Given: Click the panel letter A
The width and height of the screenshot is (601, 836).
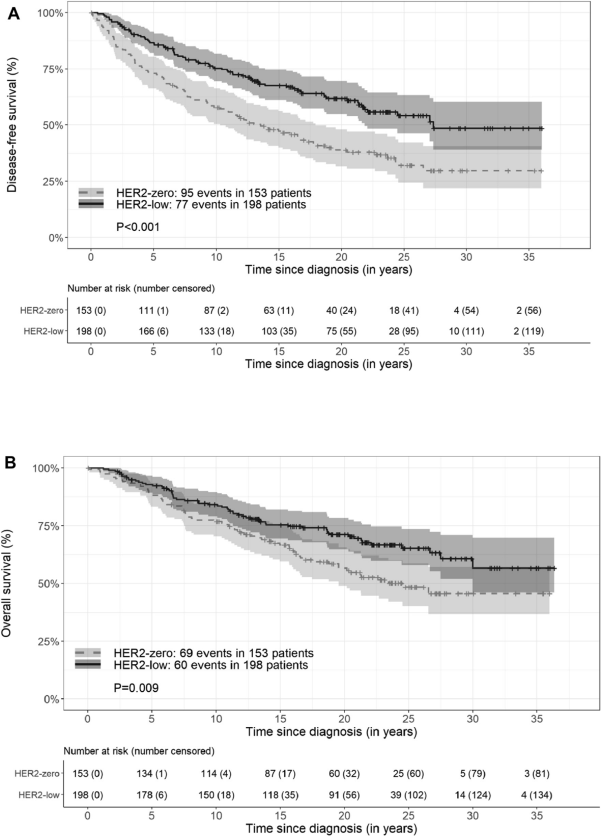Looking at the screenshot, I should pyautogui.click(x=13, y=14).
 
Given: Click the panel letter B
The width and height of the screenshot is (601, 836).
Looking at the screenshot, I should pyautogui.click(x=11, y=463).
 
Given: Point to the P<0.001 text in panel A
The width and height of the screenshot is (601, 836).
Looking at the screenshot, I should pyautogui.click(x=138, y=227).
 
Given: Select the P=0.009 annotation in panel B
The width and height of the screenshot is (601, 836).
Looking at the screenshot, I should pyautogui.click(x=136, y=688).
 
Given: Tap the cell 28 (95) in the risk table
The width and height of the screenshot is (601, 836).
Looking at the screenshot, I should pyautogui.click(x=404, y=331).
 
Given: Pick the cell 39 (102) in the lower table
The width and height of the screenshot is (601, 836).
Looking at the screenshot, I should pyautogui.click(x=408, y=795).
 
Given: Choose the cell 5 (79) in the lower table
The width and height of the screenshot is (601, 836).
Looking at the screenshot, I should pyautogui.click(x=472, y=774).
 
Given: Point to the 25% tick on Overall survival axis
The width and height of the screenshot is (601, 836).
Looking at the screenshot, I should pyautogui.click(x=48, y=641).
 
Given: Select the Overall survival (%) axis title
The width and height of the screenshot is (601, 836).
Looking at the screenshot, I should pyautogui.click(x=7, y=583).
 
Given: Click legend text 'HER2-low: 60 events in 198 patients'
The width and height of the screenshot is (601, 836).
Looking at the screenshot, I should pyautogui.click(x=210, y=665).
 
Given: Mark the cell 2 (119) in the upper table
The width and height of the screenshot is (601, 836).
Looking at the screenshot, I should pyautogui.click(x=529, y=331).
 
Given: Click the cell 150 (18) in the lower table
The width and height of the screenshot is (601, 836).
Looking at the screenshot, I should pyautogui.click(x=216, y=795).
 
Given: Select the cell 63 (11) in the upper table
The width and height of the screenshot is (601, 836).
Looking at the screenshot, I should pyautogui.click(x=279, y=311).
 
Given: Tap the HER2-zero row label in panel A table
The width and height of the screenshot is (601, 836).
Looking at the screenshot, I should pyautogui.click(x=42, y=311).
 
